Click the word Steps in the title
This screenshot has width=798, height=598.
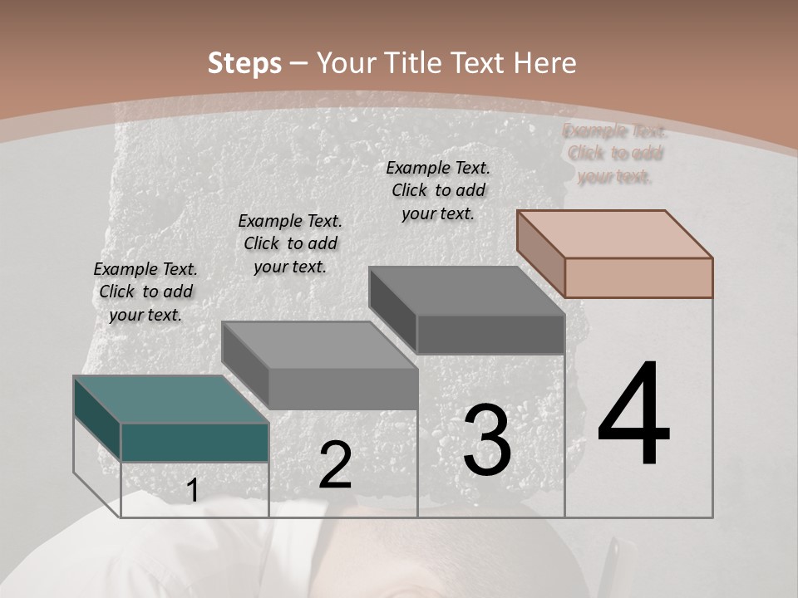tap(244, 63)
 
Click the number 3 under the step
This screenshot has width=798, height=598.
tap(487, 440)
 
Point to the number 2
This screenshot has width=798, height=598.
tap(336, 465)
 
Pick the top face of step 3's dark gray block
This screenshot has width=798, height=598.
tap(466, 290)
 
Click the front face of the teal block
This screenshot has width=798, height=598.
tap(195, 442)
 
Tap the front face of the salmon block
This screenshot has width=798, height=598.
tap(638, 277)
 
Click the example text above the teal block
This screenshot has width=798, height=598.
tap(145, 292)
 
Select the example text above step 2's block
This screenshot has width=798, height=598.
tap(290, 243)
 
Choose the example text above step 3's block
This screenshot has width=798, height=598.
tap(438, 190)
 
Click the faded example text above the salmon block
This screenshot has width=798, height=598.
tap(615, 154)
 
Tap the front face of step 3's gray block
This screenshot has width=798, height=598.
tap(490, 335)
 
